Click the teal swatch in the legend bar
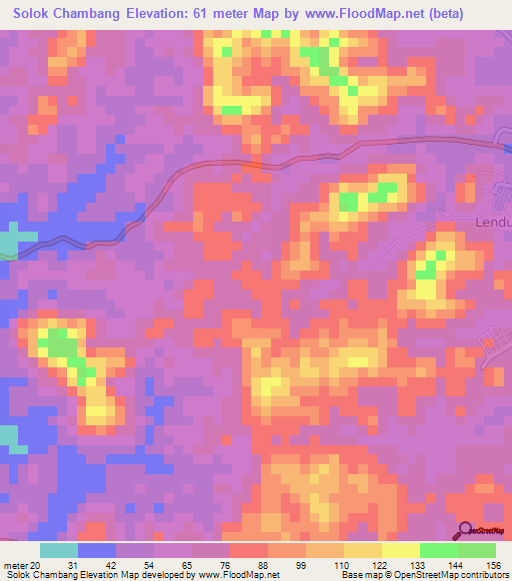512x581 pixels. tap(59, 550)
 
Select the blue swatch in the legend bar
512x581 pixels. tap(97, 550)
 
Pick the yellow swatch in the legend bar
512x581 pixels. tap(400, 550)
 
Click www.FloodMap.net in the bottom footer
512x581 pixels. tap(238, 575)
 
